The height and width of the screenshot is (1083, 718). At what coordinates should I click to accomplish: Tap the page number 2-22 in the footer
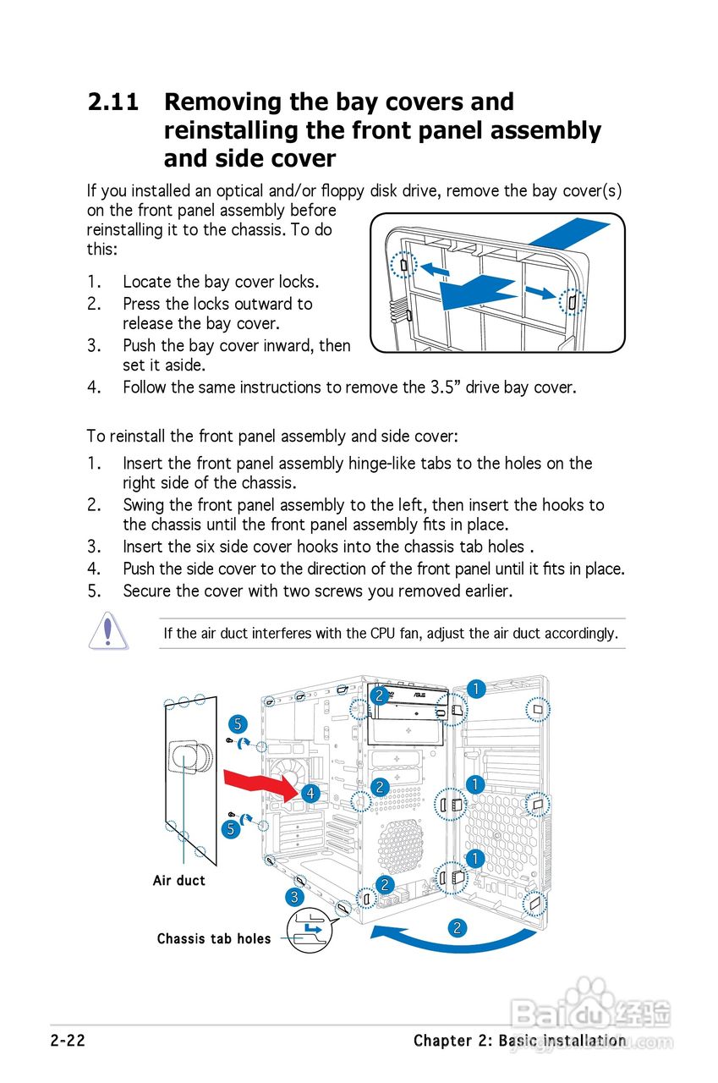[x=69, y=1041]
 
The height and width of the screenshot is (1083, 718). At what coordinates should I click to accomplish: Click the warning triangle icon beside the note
[x=108, y=632]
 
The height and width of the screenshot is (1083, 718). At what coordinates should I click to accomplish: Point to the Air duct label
[x=179, y=881]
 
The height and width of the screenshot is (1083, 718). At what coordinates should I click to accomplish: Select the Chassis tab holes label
[x=214, y=939]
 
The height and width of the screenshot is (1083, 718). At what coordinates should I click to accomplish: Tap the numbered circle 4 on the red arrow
[x=311, y=793]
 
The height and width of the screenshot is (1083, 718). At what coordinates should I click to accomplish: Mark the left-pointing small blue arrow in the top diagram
[x=436, y=270]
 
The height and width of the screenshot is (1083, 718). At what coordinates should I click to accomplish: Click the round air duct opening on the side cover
[x=188, y=757]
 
